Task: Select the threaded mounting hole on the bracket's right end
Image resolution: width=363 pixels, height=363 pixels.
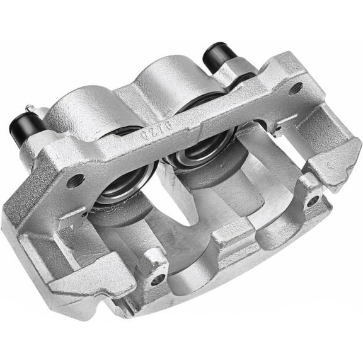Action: point(294,88)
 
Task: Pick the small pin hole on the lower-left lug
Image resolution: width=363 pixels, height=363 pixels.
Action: point(158,278)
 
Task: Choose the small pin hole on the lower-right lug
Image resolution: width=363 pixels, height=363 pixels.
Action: point(312,201)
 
